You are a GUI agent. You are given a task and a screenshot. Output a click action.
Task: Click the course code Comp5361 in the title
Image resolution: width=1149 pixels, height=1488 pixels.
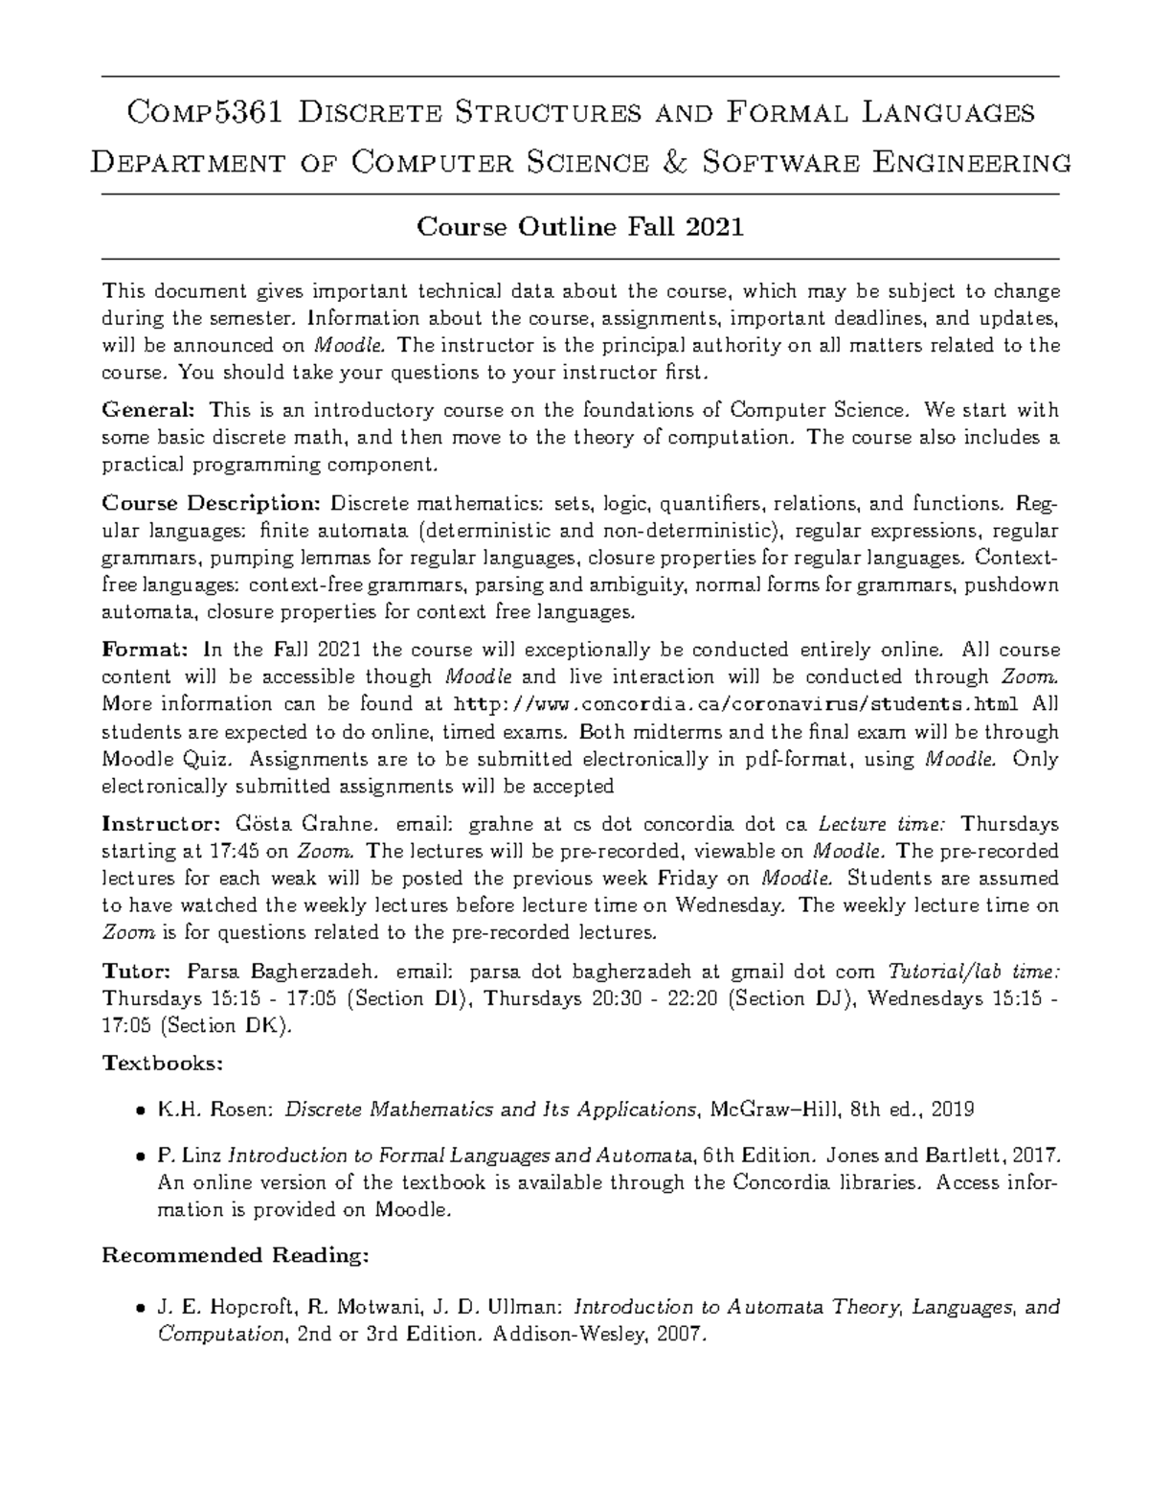[x=204, y=113]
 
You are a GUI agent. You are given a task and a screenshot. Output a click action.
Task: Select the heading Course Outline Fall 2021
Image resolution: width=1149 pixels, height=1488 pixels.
[x=579, y=227]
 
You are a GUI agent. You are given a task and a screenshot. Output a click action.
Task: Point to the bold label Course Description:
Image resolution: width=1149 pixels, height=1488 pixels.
[x=212, y=504]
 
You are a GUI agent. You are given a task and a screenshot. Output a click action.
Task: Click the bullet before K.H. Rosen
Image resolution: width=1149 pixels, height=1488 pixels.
[x=141, y=1110]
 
